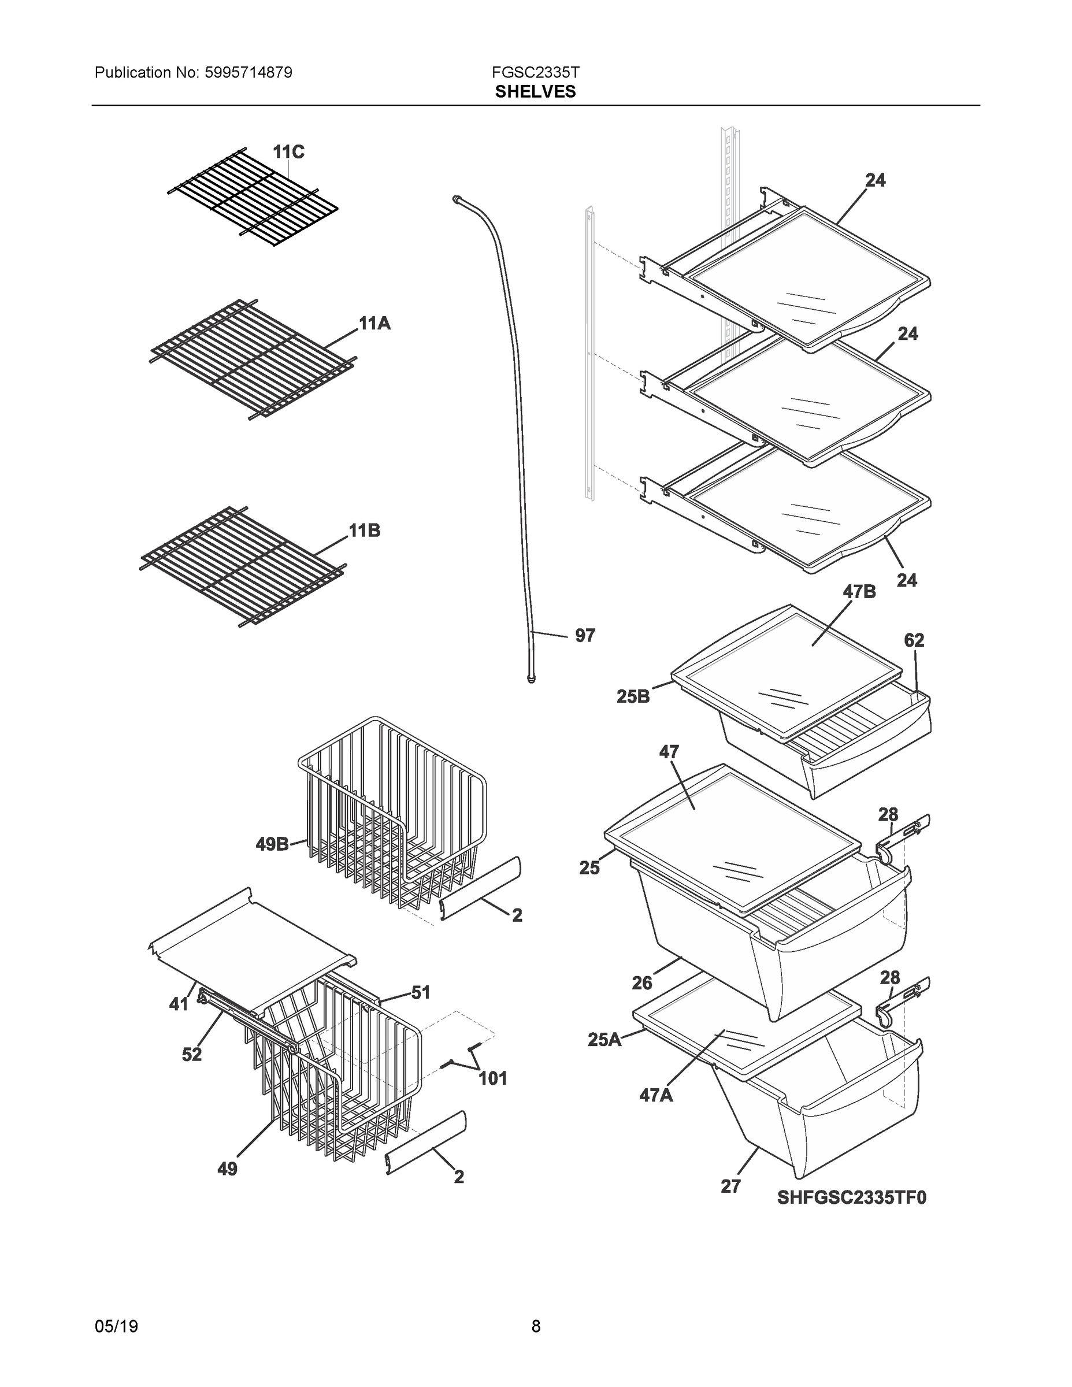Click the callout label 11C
(288, 153)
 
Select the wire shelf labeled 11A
(253, 359)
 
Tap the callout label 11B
(365, 531)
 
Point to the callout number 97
(585, 636)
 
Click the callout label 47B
(859, 592)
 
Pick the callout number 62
(914, 641)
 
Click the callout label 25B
(633, 696)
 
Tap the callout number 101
(492, 1078)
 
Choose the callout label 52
(192, 1054)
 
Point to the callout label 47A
(656, 1096)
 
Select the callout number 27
(730, 1186)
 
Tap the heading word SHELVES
(535, 92)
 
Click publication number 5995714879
(248, 73)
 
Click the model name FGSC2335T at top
(535, 72)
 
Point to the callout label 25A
(604, 1040)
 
